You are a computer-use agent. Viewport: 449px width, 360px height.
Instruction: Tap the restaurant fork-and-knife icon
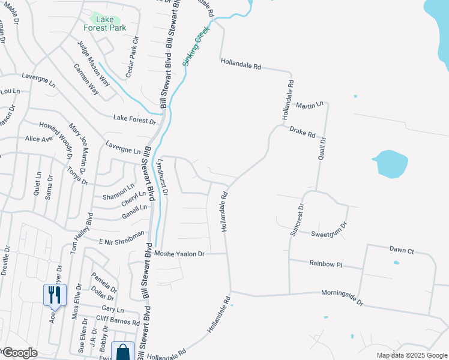pos(55,295)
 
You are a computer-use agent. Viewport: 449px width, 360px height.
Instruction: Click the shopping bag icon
pos(123,351)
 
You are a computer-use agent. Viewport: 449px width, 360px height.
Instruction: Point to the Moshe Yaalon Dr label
pos(179,254)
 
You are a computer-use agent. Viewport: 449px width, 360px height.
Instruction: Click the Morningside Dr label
pos(343,299)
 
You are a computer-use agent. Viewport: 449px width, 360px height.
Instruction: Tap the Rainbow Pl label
pos(325,263)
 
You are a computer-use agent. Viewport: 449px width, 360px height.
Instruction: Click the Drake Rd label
pos(302,132)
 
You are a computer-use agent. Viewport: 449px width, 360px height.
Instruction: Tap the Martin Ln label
pos(309,105)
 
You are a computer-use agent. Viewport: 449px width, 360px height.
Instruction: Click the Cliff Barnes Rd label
pos(117,320)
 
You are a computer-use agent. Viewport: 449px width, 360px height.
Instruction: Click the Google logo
pos(20,353)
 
